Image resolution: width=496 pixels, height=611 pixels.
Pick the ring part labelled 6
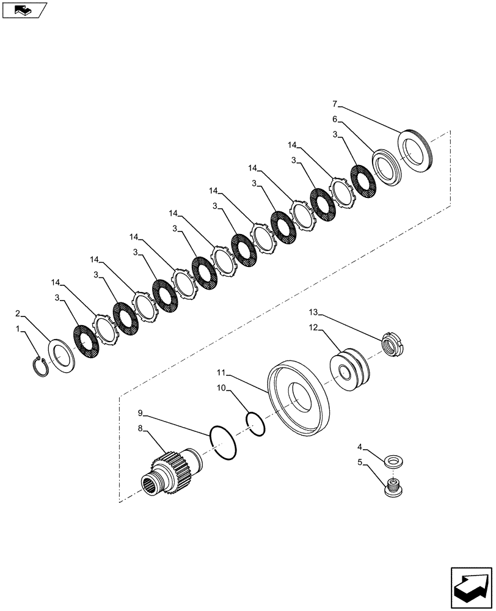pos(385,166)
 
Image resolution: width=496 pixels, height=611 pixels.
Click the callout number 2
pos(18,313)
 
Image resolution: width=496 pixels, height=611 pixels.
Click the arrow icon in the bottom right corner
pos(471,586)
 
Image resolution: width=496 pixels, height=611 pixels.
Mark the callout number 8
pos(140,429)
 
